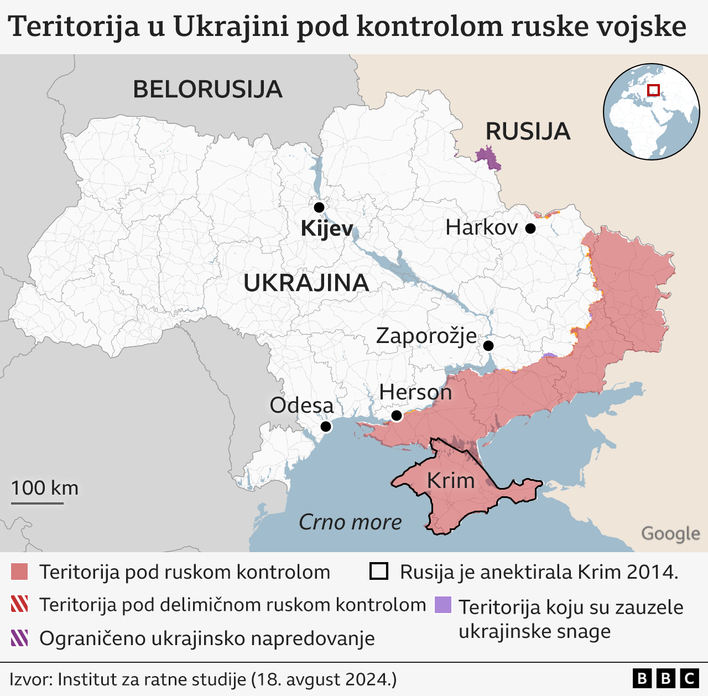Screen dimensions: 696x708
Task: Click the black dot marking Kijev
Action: [319, 207]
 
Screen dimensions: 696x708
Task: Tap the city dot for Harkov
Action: [530, 228]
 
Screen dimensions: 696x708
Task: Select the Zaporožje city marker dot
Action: [488, 346]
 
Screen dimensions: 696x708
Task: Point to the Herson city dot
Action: [396, 415]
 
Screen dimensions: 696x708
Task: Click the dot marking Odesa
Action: [326, 427]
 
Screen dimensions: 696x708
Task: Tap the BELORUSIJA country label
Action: [207, 90]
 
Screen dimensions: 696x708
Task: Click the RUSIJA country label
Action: [528, 132]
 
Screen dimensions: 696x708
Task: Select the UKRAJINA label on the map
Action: [306, 283]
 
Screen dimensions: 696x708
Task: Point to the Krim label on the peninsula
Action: [451, 481]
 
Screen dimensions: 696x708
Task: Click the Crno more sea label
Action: [350, 522]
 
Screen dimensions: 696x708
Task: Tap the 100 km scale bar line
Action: [37, 503]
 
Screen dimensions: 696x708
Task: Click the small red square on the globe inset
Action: [653, 90]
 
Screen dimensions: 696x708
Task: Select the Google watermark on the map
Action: [670, 534]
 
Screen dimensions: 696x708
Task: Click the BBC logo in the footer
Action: [665, 678]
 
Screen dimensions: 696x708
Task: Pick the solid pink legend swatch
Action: [19, 572]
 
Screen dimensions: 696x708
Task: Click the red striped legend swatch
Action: [19, 605]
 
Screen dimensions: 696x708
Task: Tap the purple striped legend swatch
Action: [19, 638]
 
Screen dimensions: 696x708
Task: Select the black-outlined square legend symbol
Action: [379, 572]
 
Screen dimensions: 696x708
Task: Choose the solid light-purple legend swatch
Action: [443, 605]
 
